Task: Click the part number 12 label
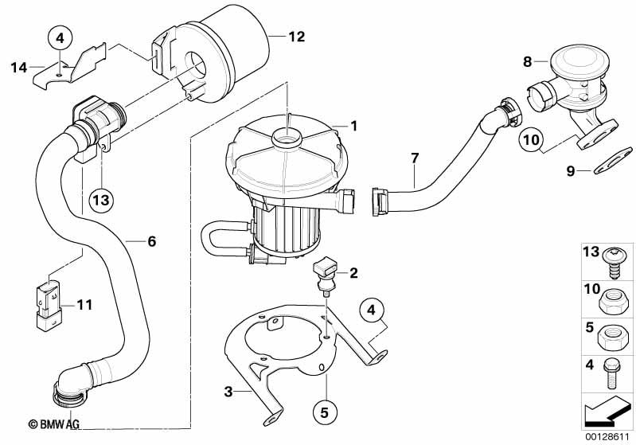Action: coord(296,36)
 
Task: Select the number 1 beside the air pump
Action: coord(353,126)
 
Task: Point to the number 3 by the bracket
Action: coord(228,391)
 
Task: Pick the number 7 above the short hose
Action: coord(414,158)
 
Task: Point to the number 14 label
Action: coord(18,67)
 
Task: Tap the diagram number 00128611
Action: coord(611,435)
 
